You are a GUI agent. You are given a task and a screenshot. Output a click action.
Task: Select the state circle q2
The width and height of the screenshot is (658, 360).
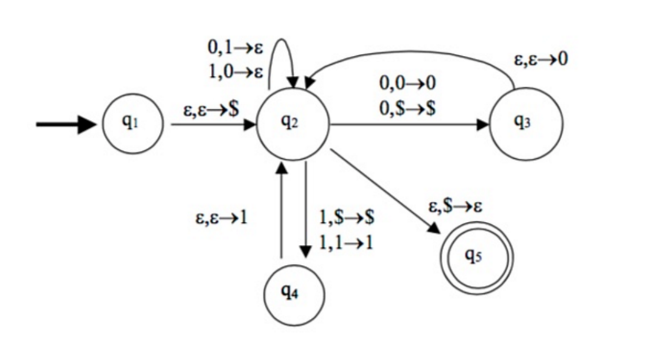coord(292,125)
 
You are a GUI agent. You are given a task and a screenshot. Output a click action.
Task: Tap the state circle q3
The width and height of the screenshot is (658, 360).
coord(525,124)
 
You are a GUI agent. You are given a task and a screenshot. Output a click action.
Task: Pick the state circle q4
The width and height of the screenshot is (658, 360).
coord(294,295)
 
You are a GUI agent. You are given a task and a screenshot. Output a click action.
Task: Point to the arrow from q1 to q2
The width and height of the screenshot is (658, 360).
coord(212,125)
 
